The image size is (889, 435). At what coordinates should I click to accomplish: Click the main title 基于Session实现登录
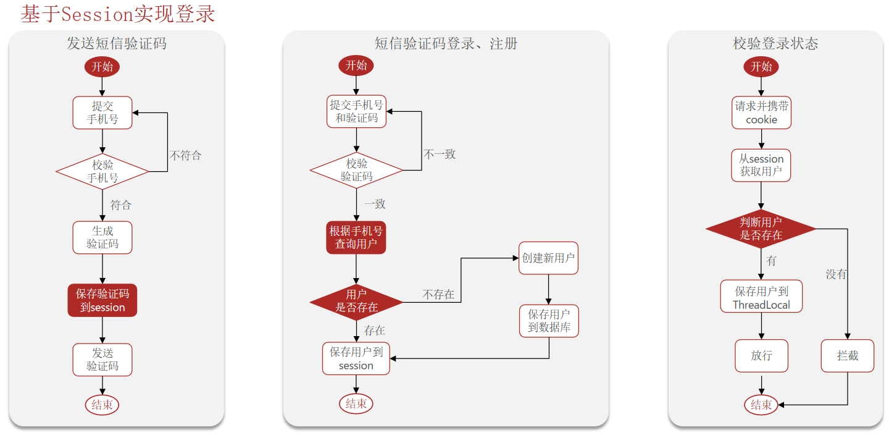118,14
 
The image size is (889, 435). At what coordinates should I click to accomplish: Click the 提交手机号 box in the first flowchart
102,112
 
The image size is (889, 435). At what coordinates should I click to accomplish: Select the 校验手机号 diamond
102,171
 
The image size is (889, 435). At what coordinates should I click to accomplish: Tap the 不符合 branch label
185,155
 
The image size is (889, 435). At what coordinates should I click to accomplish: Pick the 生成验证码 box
102,237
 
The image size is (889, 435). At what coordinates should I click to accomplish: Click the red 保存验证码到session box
102,300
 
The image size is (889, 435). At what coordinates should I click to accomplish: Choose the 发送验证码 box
102,360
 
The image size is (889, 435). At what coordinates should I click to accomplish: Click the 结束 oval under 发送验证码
102,405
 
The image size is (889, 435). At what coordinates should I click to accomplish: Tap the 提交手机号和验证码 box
356,111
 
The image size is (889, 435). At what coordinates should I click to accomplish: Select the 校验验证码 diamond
356,170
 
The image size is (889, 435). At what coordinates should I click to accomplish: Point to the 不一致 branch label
440,154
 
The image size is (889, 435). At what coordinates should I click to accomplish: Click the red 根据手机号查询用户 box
356,238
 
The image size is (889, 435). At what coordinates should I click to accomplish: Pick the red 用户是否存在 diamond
356,301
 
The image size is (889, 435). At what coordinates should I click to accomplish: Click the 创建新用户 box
549,258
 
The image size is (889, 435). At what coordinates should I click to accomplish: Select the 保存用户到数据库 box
549,321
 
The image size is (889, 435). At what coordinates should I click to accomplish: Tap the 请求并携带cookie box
761,113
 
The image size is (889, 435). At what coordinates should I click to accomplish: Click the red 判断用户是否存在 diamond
761,229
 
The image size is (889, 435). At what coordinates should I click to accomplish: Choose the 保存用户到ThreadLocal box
761,297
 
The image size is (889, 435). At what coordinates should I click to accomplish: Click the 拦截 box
848,356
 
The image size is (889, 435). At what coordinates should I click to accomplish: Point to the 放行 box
761,356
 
